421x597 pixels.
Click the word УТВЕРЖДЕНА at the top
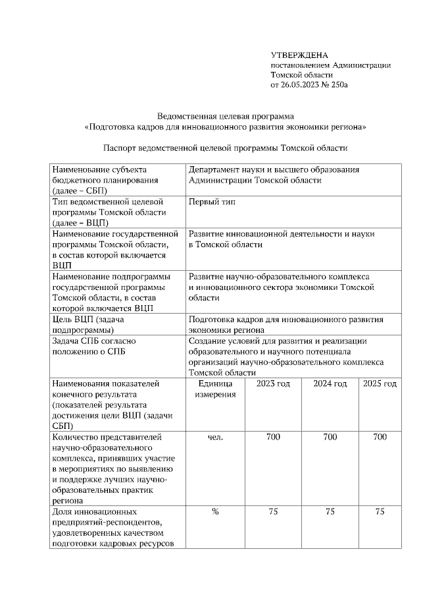pos(299,55)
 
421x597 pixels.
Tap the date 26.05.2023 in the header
pos(301,86)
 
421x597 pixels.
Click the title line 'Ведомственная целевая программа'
pos(225,116)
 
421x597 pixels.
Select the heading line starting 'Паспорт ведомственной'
pos(225,148)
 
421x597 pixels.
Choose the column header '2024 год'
pos(330,384)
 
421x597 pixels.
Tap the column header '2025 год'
pos(380,384)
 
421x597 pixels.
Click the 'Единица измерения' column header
pos(215,389)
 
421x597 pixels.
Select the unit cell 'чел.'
pos(215,438)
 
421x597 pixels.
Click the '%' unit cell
pos(215,512)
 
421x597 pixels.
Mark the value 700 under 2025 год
pos(380,438)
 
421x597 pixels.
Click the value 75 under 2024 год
pos(330,512)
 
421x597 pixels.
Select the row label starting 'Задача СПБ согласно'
pos(93,346)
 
